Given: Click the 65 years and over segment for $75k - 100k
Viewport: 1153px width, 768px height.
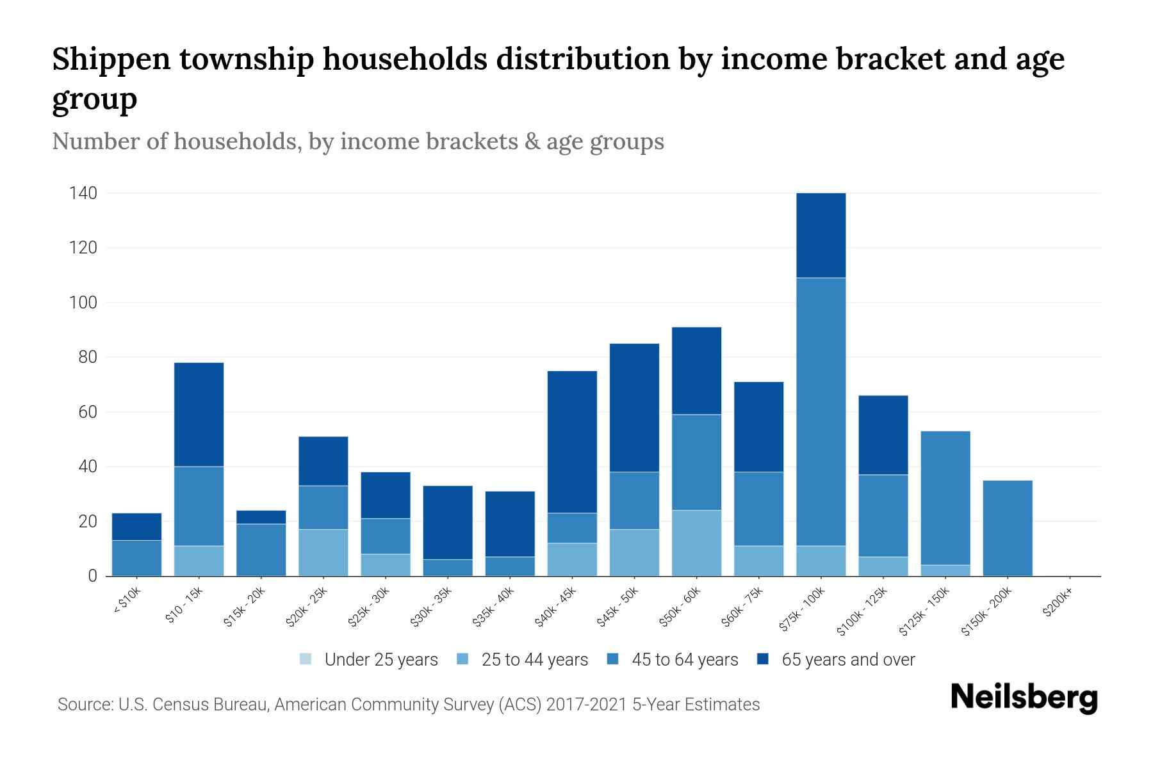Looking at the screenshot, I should (x=821, y=235).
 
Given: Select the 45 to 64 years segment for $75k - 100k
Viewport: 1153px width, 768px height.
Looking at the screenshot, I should (x=821, y=412).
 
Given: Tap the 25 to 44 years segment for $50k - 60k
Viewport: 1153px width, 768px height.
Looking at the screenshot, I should (x=696, y=543).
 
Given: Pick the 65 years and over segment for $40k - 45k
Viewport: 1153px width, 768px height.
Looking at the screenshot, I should (x=572, y=442).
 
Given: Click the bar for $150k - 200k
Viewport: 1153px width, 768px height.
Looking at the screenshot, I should (x=1008, y=528).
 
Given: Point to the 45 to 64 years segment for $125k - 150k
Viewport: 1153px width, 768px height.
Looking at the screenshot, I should (x=945, y=498).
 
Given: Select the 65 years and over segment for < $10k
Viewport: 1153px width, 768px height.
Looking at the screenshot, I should (x=136, y=527).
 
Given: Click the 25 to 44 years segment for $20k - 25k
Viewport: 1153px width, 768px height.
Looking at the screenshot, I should (x=323, y=552).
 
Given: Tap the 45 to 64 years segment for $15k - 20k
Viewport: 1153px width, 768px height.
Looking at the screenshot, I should (x=261, y=550).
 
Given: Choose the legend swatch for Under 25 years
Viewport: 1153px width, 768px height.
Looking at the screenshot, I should (x=306, y=659).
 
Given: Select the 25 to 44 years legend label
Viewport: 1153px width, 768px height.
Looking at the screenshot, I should (x=534, y=660).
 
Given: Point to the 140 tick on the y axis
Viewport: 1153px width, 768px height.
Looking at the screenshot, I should (x=83, y=193).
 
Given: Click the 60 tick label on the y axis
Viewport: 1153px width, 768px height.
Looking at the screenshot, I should (x=87, y=412).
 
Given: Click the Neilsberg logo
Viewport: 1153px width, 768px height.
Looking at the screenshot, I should (x=1024, y=698).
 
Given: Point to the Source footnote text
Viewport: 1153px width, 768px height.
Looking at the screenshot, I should (x=408, y=705).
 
